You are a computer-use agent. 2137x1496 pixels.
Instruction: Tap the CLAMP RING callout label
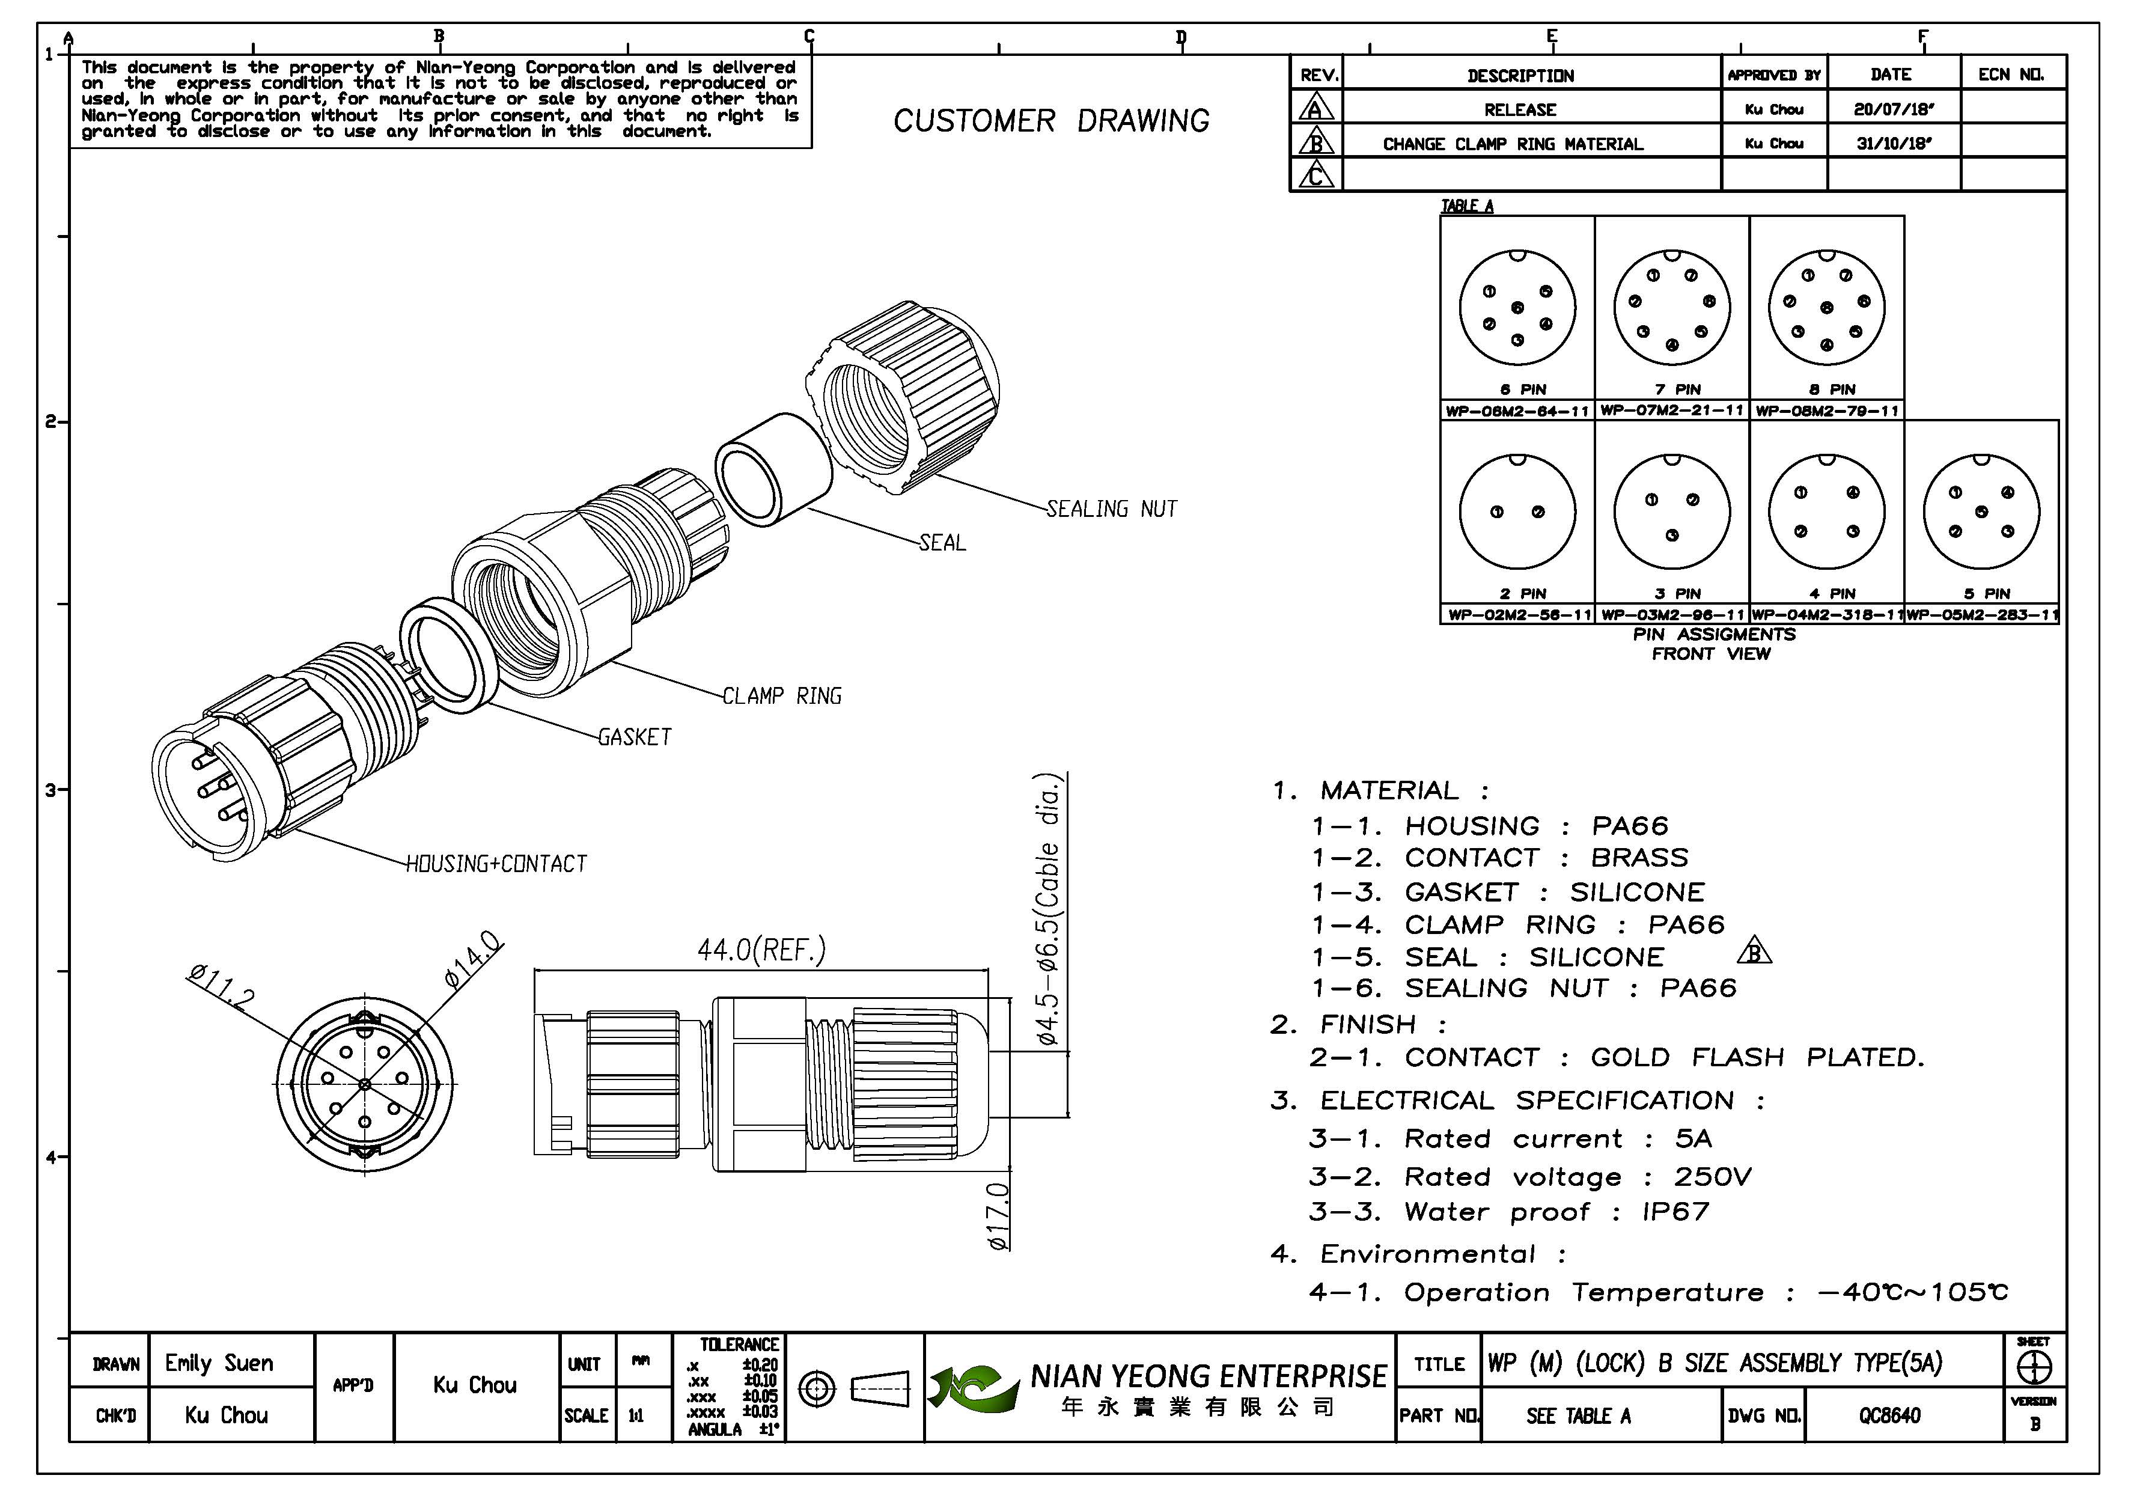[782, 697]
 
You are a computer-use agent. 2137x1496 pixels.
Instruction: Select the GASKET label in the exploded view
[634, 737]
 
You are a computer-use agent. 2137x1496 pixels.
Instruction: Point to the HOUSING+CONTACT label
[496, 864]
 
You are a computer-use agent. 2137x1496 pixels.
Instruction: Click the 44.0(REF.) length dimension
[761, 950]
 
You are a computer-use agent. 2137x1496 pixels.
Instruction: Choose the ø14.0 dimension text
[473, 958]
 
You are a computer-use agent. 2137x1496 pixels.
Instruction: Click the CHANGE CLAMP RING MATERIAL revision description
[1513, 144]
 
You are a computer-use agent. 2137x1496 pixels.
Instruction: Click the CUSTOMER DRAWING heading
[1051, 121]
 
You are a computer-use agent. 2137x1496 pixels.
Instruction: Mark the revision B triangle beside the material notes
[1754, 951]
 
